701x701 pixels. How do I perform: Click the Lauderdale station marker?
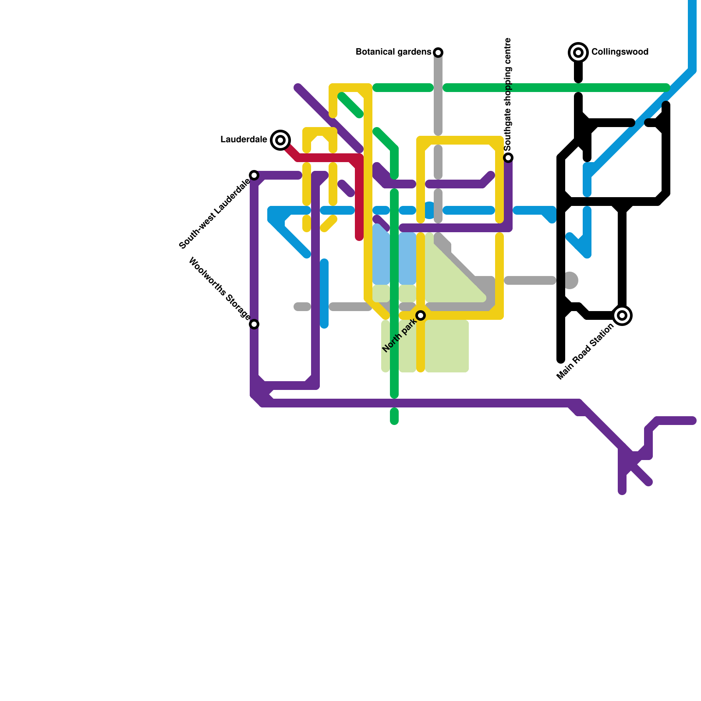[280, 140]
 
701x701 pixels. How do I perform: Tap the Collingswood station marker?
[578, 53]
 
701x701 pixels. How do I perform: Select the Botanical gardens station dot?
[438, 53]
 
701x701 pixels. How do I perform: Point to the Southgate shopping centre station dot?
[508, 158]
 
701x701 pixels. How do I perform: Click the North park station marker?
[421, 315]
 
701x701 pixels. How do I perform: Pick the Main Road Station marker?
[622, 315]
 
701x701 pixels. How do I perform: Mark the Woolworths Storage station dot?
[254, 324]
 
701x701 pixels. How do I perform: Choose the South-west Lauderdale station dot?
[254, 175]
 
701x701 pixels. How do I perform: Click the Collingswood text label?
[620, 52]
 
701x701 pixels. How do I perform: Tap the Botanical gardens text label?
[393, 52]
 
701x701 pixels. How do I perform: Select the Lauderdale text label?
[244, 140]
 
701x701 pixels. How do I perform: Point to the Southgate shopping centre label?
[508, 94]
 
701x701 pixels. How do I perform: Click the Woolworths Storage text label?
[220, 289]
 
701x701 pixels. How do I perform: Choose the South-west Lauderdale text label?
[215, 213]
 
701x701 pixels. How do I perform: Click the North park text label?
[399, 336]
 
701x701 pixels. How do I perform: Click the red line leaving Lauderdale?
[324, 158]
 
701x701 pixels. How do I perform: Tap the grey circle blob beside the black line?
[570, 280]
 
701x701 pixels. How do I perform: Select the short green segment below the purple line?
[394, 416]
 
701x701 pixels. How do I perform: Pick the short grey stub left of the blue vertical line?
[302, 307]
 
